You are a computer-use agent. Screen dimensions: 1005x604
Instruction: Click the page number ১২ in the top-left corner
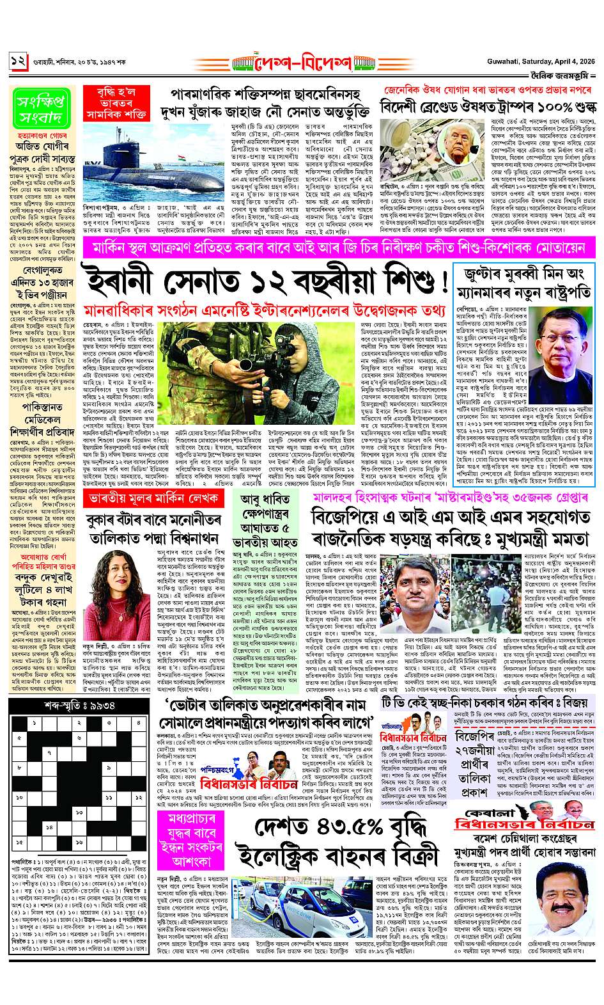(x=17, y=62)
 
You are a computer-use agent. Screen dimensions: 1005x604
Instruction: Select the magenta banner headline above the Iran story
(x=303, y=247)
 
